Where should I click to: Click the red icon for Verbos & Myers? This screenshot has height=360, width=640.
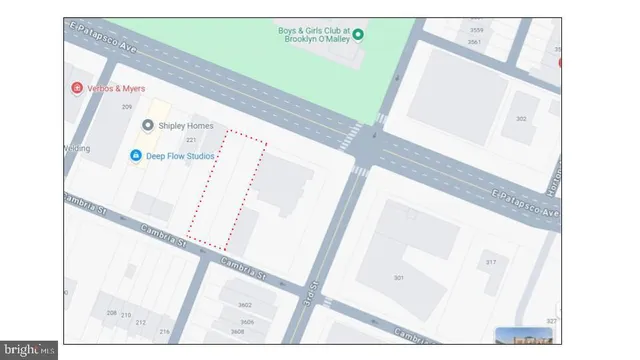tap(77, 88)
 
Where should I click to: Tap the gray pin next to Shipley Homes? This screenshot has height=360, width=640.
tap(147, 125)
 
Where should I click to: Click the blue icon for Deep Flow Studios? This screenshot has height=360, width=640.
tap(136, 155)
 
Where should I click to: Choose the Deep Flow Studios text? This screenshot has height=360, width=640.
tap(177, 155)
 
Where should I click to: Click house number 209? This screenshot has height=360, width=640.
tap(127, 107)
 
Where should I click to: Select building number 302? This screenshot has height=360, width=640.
tap(521, 118)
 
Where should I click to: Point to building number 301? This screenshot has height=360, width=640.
tap(398, 277)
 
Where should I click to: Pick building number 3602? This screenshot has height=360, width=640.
tap(244, 305)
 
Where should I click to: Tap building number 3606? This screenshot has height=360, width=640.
tap(246, 322)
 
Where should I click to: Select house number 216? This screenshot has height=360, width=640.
tap(165, 331)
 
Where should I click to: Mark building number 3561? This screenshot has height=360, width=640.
tap(475, 42)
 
